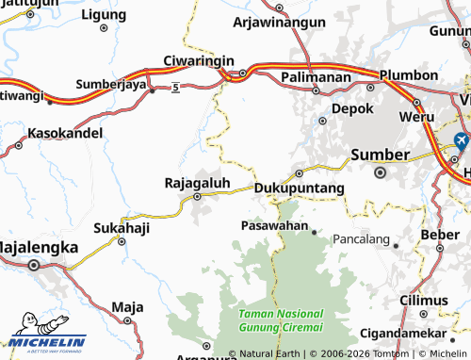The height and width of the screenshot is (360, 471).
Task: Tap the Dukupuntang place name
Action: coord(300,188)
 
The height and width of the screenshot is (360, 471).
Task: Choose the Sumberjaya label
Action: coord(110,84)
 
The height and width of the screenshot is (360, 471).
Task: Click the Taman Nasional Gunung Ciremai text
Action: coord(281,320)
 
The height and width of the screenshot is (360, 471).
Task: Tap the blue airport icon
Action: coord(461,141)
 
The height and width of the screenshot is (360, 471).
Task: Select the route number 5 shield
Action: coord(175,88)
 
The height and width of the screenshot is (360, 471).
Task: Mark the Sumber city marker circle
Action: coord(381,172)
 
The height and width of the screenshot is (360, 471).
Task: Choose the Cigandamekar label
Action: coord(419,334)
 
